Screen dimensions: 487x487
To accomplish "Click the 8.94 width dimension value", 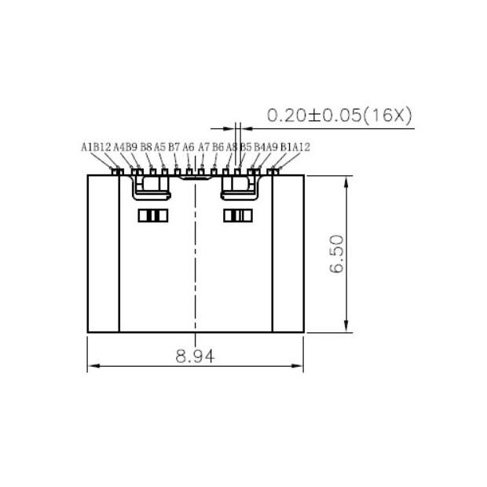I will coord(195,356).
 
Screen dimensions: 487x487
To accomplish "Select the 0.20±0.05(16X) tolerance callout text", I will coord(339,115).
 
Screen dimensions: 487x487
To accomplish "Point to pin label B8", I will coord(146,147).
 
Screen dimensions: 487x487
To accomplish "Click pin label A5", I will coord(159,147).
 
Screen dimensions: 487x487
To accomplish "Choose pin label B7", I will coord(174,147).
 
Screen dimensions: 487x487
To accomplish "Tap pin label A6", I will coord(189,147).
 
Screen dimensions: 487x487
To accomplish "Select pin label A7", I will coord(204,147).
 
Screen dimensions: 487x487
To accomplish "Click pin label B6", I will coord(218,147).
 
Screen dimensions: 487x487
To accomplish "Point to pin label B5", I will coord(246,147).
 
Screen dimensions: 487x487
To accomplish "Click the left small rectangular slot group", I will coord(153,216).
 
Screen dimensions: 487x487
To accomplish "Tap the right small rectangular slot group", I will coord(237,216).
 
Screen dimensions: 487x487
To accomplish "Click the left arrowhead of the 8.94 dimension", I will coord(91,367).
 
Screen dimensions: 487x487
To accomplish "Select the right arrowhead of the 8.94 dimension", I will coord(299,367).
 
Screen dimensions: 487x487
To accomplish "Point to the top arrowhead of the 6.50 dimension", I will coord(346,180).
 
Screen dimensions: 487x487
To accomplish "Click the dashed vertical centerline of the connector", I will coord(195,259).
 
